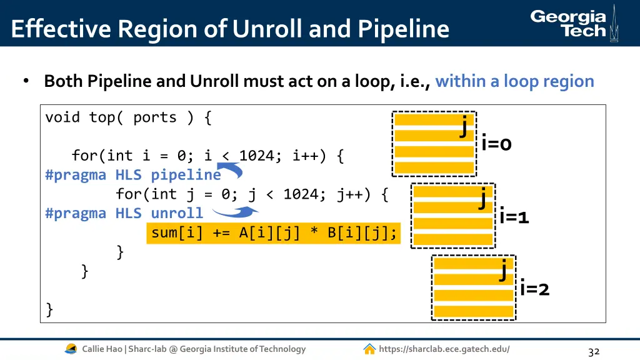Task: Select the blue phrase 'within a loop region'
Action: pyautogui.click(x=514, y=81)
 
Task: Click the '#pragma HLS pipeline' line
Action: pyautogui.click(x=133, y=174)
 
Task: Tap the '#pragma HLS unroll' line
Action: pyautogui.click(x=124, y=213)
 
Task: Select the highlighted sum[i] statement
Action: pyautogui.click(x=274, y=233)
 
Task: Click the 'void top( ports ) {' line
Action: pyautogui.click(x=128, y=117)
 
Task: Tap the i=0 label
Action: pyautogui.click(x=496, y=144)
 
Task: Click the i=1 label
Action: pyautogui.click(x=514, y=217)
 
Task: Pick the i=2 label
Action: pyautogui.click(x=534, y=289)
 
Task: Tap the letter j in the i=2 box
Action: pyautogui.click(x=503, y=270)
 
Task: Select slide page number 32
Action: pyautogui.click(x=594, y=352)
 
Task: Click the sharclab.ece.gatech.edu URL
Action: pyautogui.click(x=444, y=349)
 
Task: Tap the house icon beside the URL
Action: pyautogui.click(x=369, y=349)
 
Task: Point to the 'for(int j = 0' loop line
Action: pyautogui.click(x=252, y=194)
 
